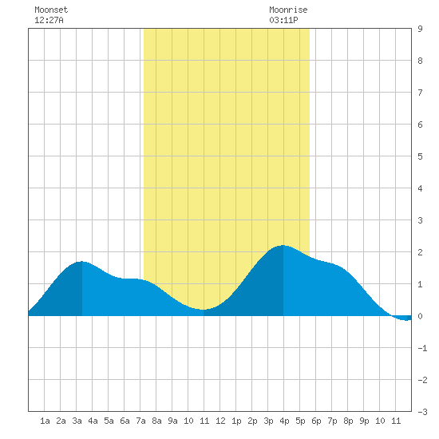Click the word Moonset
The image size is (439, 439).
51,10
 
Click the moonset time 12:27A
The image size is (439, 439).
49,20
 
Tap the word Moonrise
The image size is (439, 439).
288,10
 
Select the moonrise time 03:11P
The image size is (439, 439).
283,20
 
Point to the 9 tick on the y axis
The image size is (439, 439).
420,29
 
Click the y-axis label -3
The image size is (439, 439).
422,412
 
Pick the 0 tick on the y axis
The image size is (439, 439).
420,316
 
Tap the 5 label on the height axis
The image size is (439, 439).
420,156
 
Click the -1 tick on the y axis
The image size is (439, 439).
422,348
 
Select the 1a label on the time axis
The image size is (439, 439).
45,421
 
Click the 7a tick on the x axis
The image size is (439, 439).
140,421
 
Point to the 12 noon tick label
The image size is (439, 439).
220,421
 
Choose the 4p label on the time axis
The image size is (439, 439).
284,421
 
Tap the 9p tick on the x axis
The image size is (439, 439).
364,421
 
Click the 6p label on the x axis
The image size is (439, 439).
316,421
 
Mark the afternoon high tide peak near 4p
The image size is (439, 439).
283,246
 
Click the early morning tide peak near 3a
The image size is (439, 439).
81,262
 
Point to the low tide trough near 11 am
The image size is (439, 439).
203,310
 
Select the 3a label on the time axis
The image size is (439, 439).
77,421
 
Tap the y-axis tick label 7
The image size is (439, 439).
420,93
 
